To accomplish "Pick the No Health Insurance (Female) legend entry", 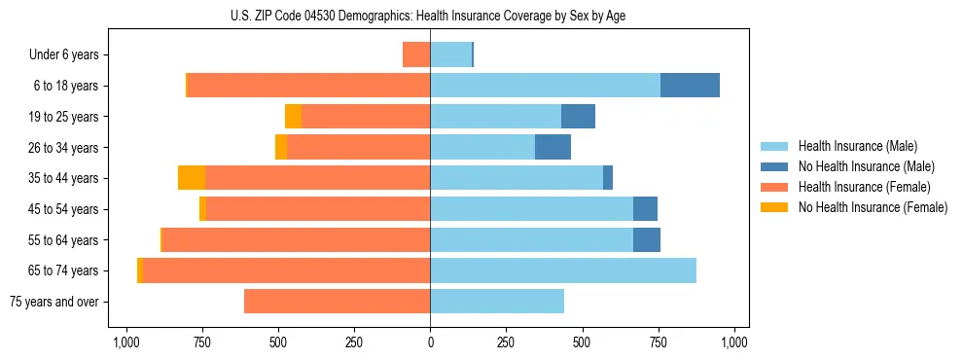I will pos(872,207).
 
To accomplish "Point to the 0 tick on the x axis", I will pos(430,342).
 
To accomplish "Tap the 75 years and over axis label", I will pos(54,302).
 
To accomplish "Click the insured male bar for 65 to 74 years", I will pos(563,270).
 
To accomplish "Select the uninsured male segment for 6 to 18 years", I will pos(690,86).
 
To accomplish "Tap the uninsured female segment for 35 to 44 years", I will pos(192,178).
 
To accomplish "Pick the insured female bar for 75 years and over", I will pos(337,302).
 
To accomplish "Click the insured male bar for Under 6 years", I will pos(450,55).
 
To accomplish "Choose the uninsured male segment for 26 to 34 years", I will pos(553,148).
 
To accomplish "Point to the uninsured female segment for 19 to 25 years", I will pos(293,117).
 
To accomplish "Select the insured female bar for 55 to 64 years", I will pos(296,240).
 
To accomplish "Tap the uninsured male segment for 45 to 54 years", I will pos(645,209).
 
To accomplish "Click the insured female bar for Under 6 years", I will pos(416,55).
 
